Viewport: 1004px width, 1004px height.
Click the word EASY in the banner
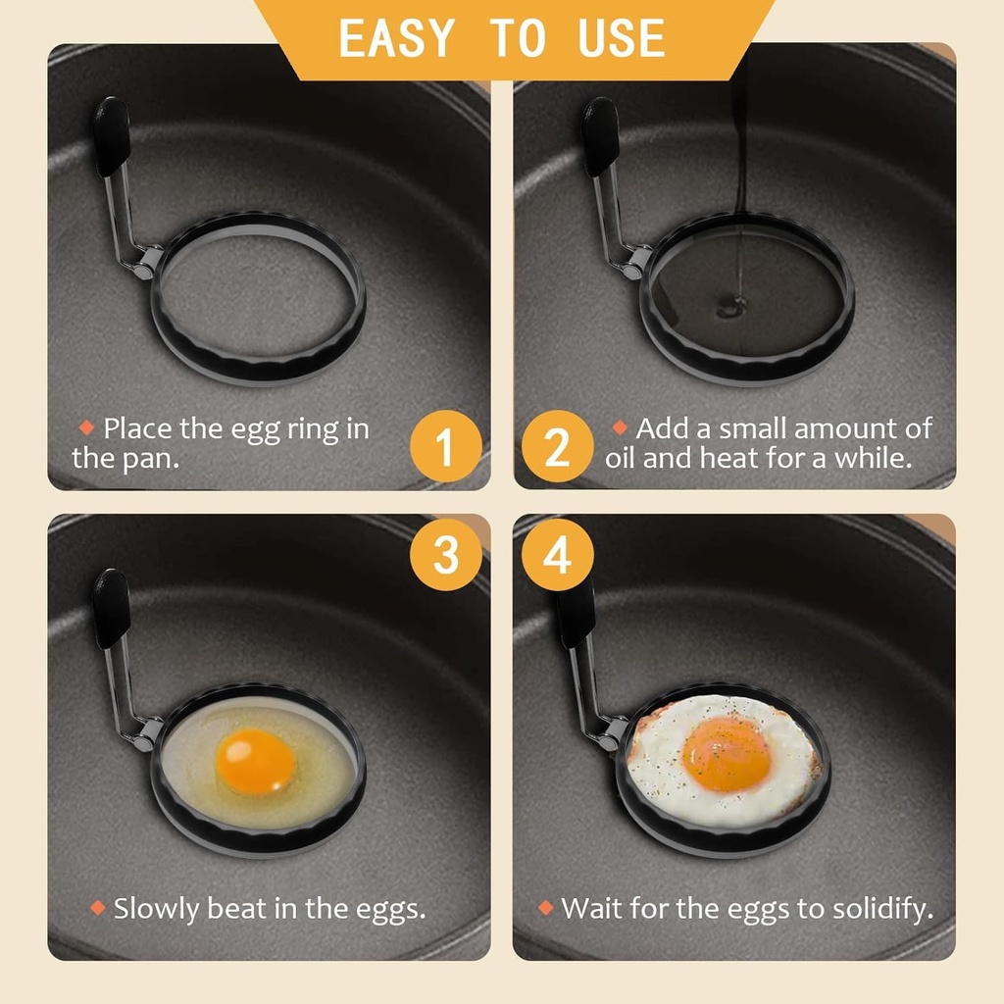pos(396,38)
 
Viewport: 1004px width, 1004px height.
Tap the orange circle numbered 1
pos(446,447)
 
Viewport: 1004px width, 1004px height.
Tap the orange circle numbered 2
pos(557,447)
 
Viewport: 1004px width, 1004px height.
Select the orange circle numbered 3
pos(446,555)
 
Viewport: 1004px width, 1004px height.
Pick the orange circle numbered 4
pos(557,555)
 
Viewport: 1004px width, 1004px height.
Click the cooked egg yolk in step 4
pos(727,752)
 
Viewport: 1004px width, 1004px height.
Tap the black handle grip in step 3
pos(111,608)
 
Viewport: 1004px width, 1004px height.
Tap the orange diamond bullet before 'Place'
pos(86,428)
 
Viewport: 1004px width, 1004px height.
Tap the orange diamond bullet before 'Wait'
pos(546,908)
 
